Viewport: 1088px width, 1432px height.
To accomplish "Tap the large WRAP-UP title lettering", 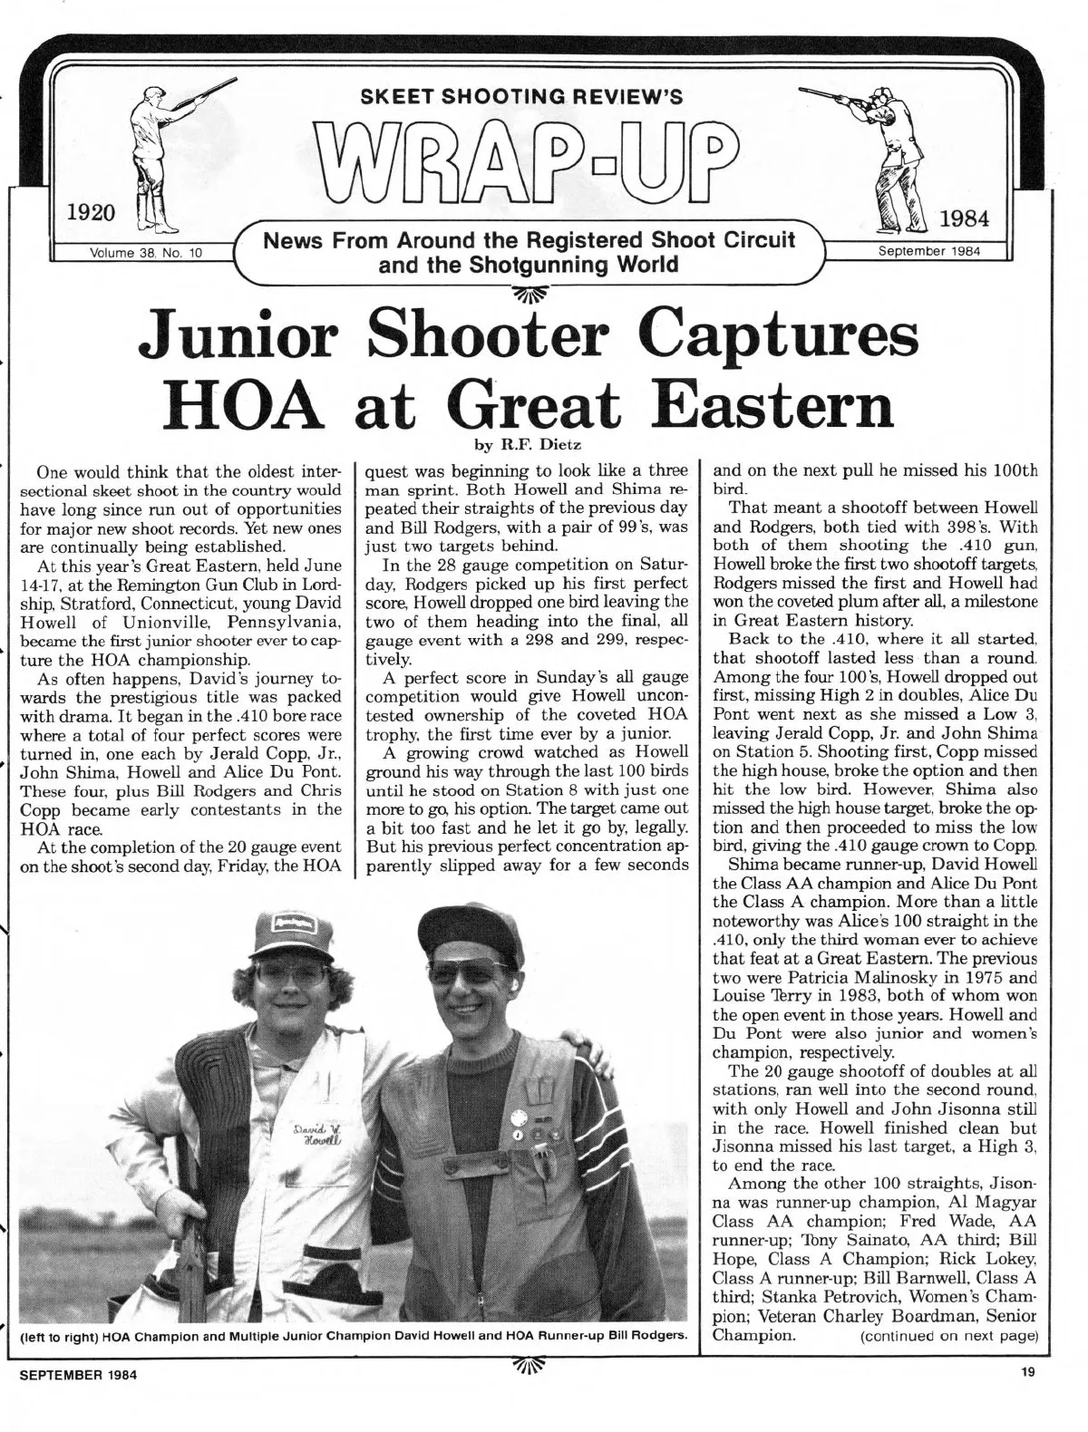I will (523, 158).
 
